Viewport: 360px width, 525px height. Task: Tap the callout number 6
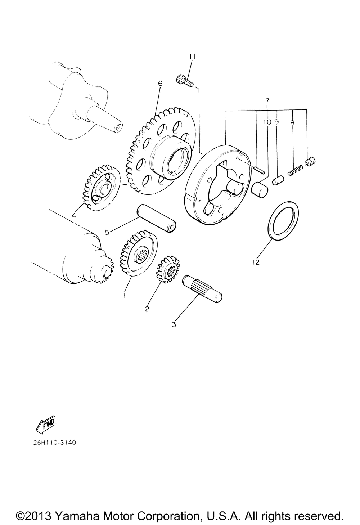(160, 84)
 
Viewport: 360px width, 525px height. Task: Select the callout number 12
(256, 262)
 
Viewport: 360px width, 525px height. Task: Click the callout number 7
(267, 101)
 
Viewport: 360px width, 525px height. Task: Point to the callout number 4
(74, 215)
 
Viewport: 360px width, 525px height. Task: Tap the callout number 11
(193, 57)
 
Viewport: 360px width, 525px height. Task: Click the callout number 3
(174, 324)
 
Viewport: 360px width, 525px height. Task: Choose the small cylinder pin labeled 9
(278, 181)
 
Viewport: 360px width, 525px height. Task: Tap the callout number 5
(107, 233)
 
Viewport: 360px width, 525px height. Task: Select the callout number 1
(125, 296)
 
